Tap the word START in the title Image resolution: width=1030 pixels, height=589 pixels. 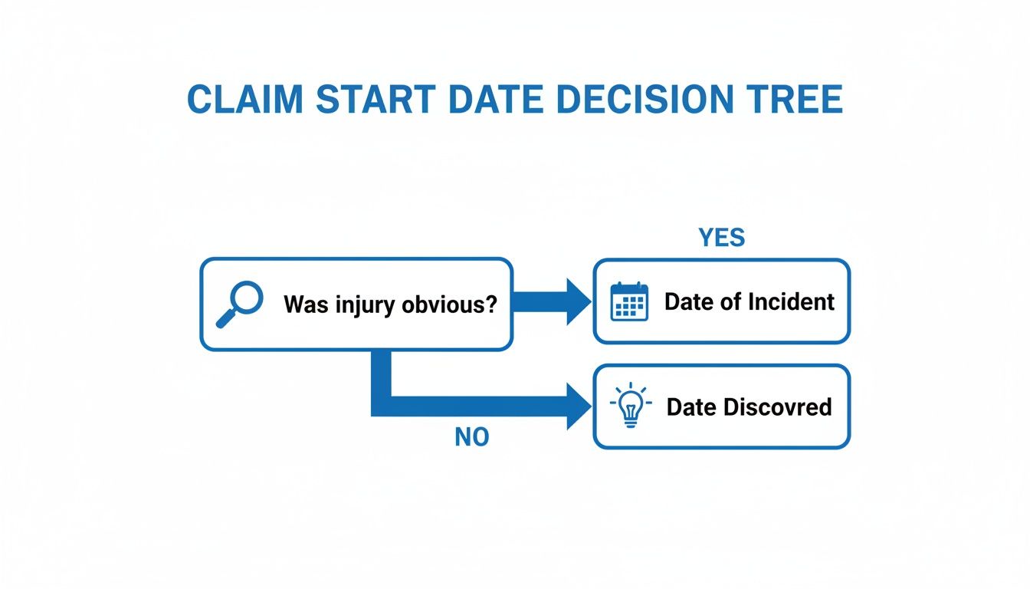(376, 100)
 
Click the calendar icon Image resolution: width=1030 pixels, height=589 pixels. (629, 301)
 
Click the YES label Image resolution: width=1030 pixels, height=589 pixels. (721, 238)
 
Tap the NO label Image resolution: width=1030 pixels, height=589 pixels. (471, 437)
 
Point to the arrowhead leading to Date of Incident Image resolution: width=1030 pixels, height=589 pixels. (577, 301)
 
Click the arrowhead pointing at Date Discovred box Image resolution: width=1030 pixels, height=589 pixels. (577, 406)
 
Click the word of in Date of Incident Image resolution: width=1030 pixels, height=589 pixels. (731, 301)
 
